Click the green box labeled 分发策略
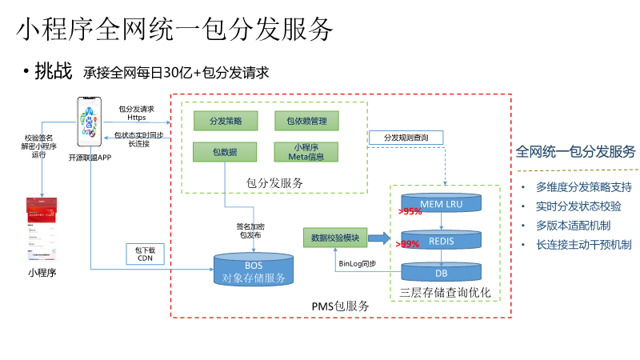[x=225, y=121]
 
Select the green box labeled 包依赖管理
[x=306, y=121]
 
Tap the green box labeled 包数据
[x=225, y=151]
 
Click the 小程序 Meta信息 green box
[x=306, y=151]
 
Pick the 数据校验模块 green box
[x=335, y=238]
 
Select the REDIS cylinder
[x=442, y=240]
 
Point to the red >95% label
[x=410, y=212]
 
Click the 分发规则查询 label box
[x=406, y=138]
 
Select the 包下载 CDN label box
[x=145, y=254]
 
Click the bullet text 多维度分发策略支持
[x=583, y=187]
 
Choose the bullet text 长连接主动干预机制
[x=583, y=245]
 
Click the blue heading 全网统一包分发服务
[x=575, y=152]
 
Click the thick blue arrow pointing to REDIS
[x=381, y=238]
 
